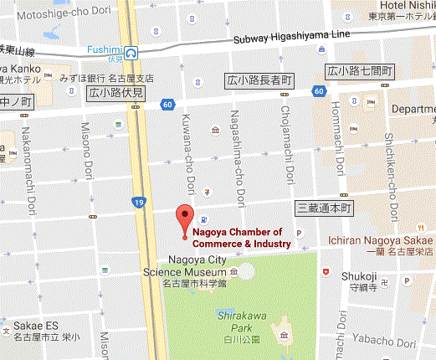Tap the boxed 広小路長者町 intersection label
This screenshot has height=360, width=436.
tap(260, 80)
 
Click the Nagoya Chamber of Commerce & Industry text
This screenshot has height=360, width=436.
tap(242, 238)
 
